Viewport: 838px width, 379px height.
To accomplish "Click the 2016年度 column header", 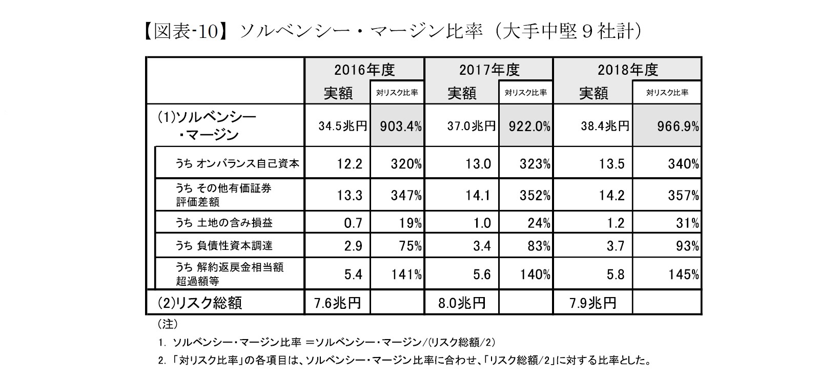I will pos(364,70).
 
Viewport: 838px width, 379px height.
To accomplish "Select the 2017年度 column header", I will pos(489,70).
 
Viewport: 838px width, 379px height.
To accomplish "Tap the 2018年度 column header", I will pos(627,70).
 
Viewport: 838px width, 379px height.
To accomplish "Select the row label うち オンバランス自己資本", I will pos(237,164).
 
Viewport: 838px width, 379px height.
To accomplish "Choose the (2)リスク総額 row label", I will pos(200,303).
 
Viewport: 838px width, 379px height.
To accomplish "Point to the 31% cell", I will pos(687,223).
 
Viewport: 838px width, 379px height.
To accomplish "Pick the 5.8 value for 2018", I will pos(615,275).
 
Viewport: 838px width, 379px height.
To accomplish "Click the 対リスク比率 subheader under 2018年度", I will pos(667,93).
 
